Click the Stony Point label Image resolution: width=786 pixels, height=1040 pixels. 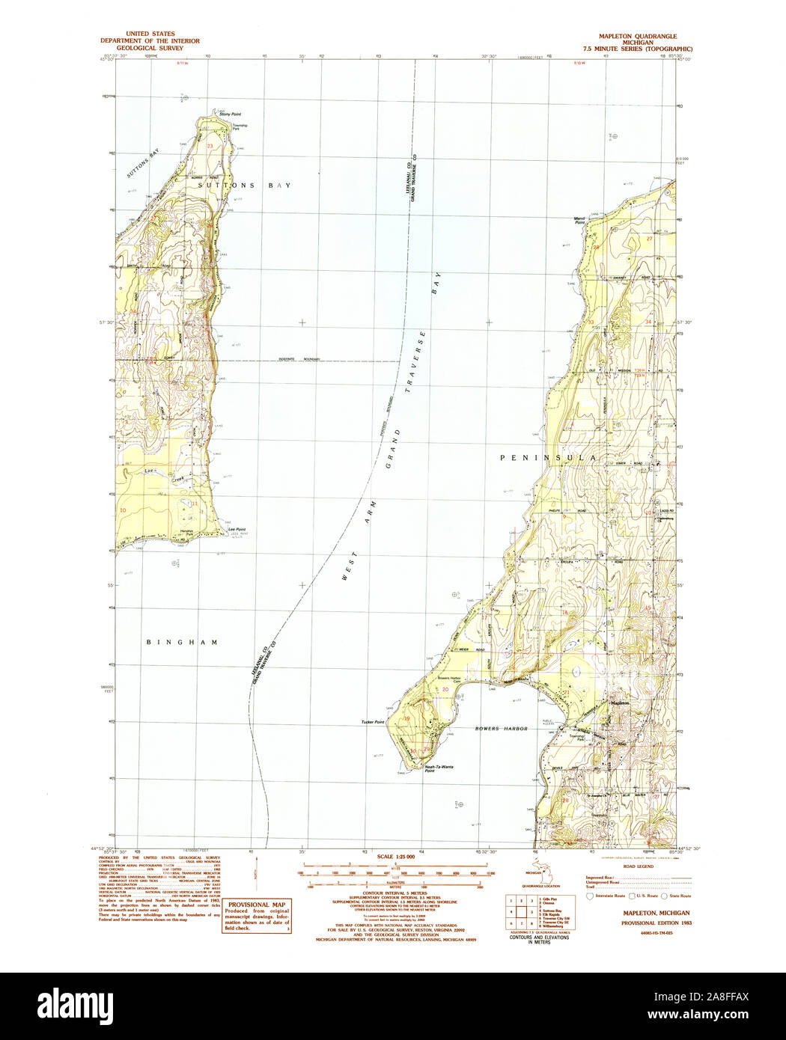point(230,114)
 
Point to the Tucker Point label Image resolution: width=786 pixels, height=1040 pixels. point(372,721)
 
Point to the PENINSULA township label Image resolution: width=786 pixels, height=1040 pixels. point(549,457)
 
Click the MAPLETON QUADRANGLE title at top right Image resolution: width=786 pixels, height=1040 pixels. point(637,36)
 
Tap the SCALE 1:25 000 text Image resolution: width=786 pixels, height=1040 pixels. point(396,856)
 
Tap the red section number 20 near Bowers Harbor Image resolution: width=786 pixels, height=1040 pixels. point(445,689)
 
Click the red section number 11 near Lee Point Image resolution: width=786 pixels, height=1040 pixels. point(195,504)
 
